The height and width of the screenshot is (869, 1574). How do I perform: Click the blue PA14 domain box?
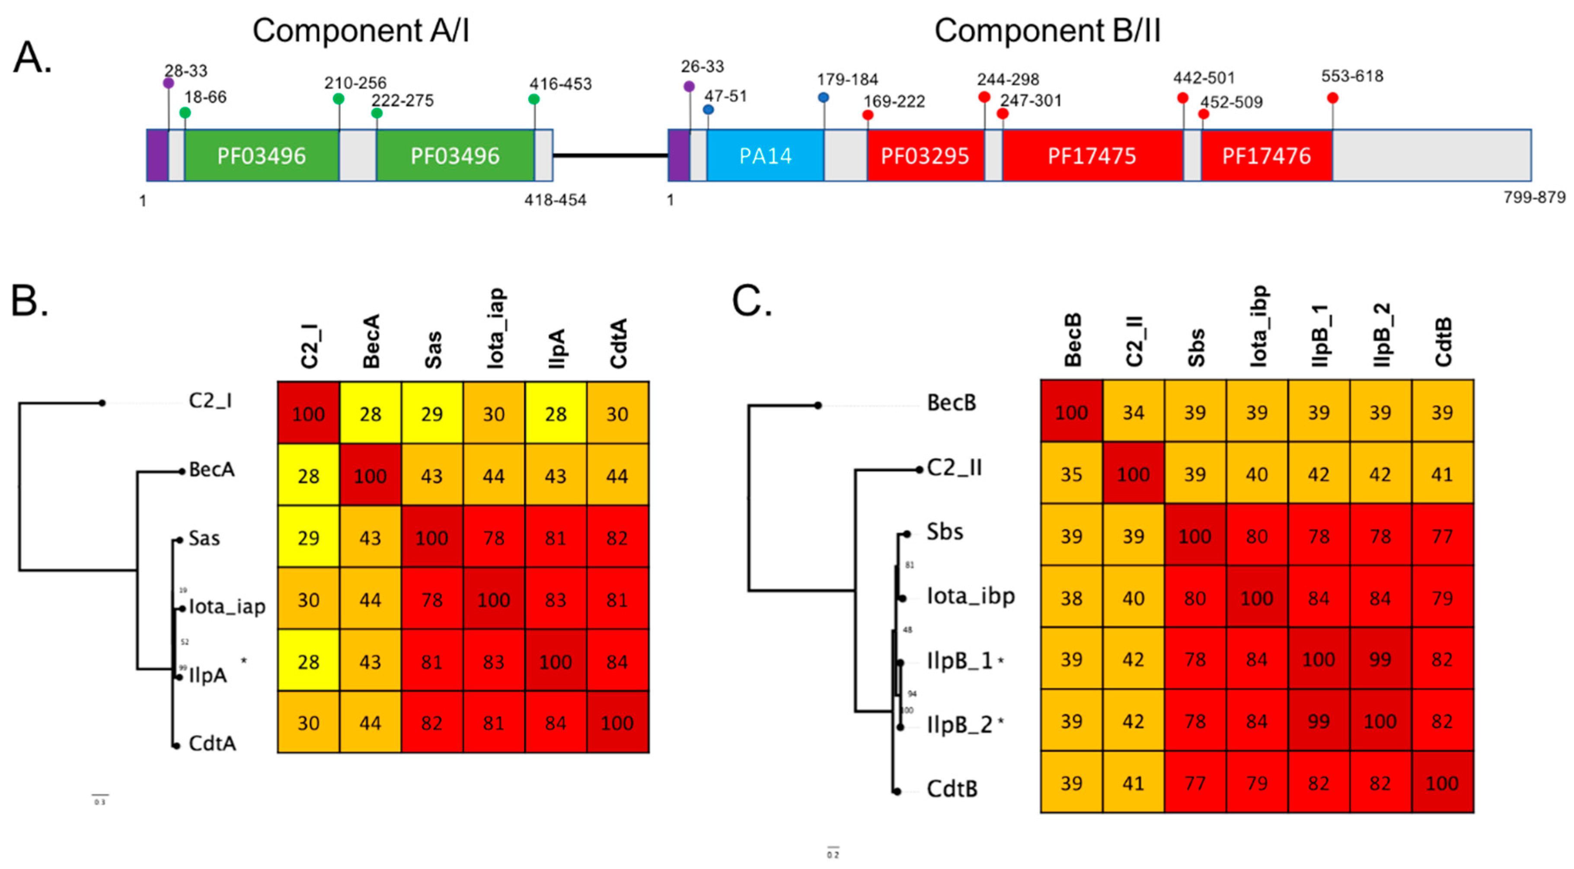[x=765, y=156]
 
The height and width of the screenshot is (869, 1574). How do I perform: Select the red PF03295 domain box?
[x=925, y=156]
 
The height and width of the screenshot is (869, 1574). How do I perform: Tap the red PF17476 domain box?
[x=1266, y=156]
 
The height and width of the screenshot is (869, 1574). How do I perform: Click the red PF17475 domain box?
[x=1092, y=156]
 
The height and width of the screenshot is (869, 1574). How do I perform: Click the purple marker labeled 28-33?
[x=169, y=83]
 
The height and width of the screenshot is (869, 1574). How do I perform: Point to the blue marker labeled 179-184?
[x=824, y=97]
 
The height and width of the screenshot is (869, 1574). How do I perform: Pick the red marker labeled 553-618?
[x=1333, y=98]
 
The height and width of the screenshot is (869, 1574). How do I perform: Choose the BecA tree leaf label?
[x=211, y=469]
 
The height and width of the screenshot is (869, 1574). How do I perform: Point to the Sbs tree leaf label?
[x=945, y=532]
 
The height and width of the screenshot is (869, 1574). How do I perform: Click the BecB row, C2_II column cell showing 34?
[x=1133, y=412]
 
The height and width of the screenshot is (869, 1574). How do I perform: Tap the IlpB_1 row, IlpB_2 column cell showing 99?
[x=1380, y=659]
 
